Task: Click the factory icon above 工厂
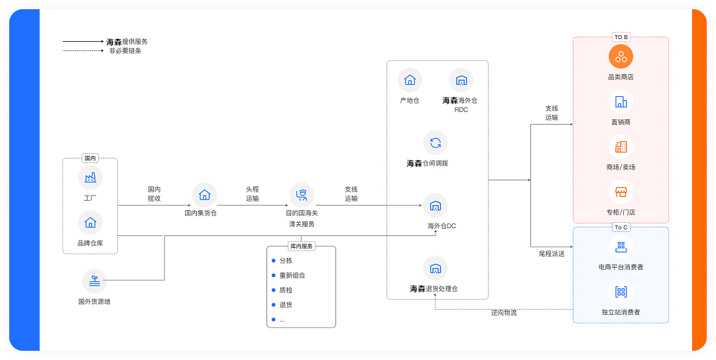click(90, 177)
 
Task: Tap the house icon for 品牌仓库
click(90, 222)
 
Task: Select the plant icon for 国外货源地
click(94, 280)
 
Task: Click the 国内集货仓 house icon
click(204, 194)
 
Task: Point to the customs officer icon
click(302, 194)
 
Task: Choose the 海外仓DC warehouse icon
click(436, 206)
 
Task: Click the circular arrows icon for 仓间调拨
click(436, 143)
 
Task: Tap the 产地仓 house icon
click(410, 80)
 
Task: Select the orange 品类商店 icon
click(621, 56)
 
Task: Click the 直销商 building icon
click(621, 101)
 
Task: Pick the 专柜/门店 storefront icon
click(621, 192)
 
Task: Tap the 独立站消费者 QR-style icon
click(621, 292)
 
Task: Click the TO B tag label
click(621, 37)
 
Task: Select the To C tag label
click(621, 227)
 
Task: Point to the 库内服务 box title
click(301, 246)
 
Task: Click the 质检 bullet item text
click(286, 290)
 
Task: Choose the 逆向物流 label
click(504, 312)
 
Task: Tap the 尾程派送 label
click(552, 253)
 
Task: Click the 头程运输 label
click(253, 194)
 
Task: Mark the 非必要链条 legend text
click(125, 50)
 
